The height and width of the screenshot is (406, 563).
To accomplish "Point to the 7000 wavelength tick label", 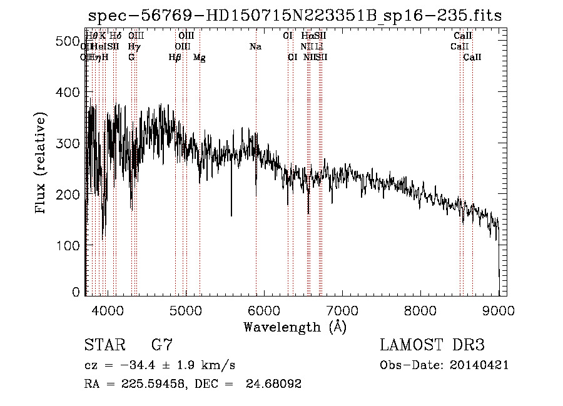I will point(342,310).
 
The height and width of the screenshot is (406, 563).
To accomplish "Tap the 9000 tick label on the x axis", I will point(498,310).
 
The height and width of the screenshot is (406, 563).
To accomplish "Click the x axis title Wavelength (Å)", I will point(295,327).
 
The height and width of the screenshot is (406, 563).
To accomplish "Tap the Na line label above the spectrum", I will point(255,47).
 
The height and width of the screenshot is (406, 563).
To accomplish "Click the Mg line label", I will point(200,58).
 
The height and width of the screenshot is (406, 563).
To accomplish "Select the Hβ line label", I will point(175,58).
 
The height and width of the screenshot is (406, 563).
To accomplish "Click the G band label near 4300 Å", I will point(131,57).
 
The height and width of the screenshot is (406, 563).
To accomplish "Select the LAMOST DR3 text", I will point(432,345).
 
